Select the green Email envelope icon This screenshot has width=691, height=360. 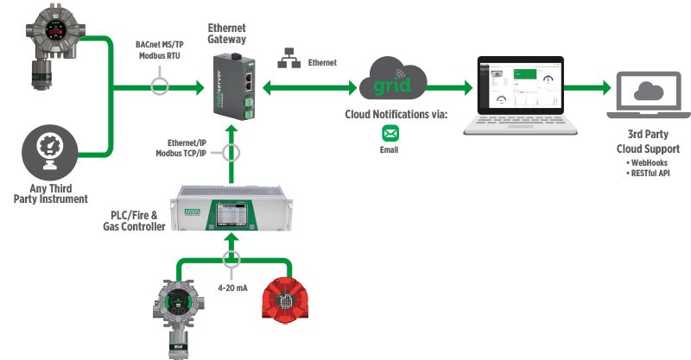tap(390, 134)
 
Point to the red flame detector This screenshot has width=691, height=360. tap(289, 302)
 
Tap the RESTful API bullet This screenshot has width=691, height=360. tap(647, 173)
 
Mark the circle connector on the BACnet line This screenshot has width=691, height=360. tap(159, 86)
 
